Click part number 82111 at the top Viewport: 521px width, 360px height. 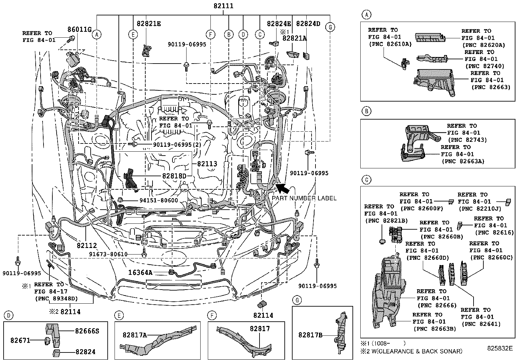click(224, 6)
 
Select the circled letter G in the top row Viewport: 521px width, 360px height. click(330, 28)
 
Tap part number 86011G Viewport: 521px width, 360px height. click(79, 29)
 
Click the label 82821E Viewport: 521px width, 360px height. click(149, 24)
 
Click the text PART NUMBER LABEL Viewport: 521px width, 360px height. click(304, 199)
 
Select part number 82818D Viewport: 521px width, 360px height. click(174, 176)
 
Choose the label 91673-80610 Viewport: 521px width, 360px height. click(108, 255)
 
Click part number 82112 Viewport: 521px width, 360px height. click(87, 245)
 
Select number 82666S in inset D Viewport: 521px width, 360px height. click(87, 331)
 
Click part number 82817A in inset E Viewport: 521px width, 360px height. click(135, 335)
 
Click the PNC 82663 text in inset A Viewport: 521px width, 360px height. click(491, 87)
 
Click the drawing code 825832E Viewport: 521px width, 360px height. click(500, 348)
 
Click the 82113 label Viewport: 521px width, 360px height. click(207, 164)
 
